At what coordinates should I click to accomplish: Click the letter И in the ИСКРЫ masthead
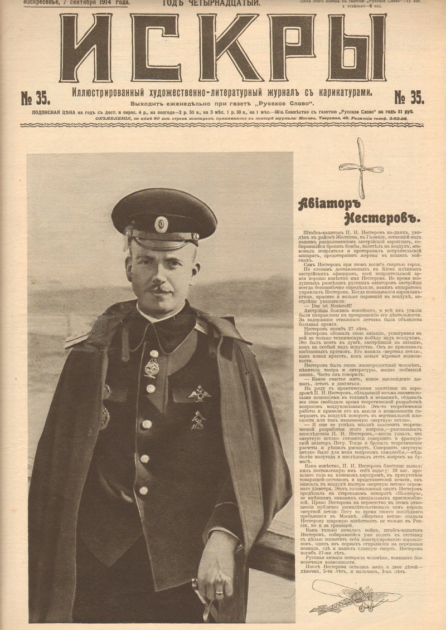coord(86,48)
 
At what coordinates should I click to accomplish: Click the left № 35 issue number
coord(35,99)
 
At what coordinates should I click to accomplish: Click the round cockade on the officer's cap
coord(161,224)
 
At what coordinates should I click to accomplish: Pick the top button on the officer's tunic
coord(154,353)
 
